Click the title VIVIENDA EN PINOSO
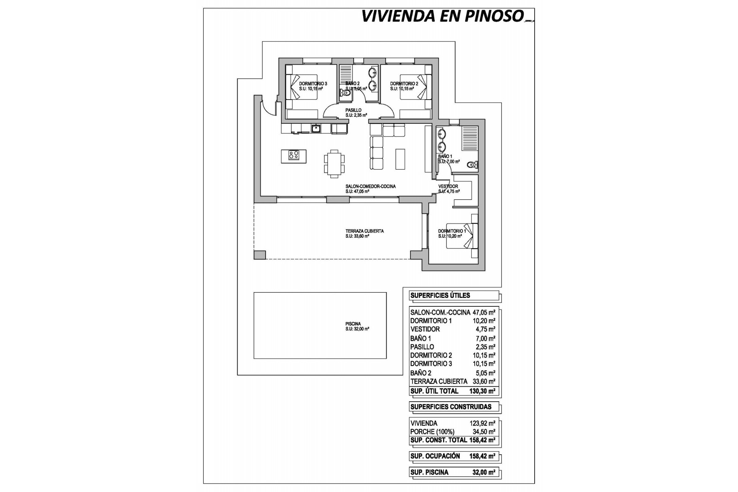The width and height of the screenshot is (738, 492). point(442,16)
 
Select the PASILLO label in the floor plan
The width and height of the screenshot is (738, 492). point(353,110)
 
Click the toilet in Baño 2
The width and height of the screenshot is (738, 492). point(346,93)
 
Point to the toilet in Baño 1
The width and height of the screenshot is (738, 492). point(471,165)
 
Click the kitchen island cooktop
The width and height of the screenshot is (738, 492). point(294,155)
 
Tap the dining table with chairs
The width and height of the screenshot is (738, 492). point(334,163)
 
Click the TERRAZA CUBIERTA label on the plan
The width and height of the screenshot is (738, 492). point(364,231)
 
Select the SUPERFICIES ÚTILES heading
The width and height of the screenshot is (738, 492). point(440,296)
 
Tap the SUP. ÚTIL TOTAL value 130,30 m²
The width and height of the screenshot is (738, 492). point(482,391)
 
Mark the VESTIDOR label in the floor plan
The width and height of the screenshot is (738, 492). point(448,186)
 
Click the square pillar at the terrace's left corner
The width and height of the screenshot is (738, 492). point(259,254)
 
